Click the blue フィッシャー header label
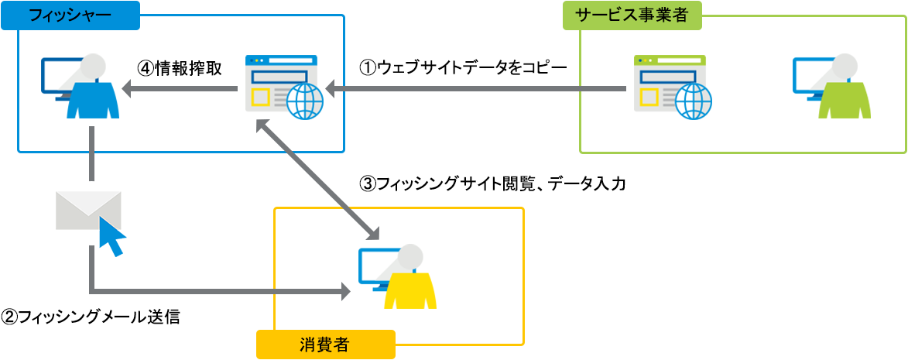point(70,15)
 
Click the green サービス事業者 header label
point(632,15)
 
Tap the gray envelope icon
point(87,211)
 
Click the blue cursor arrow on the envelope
point(112,236)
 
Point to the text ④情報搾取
point(180,68)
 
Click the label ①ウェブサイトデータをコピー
point(463,67)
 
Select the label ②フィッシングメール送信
point(91,317)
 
